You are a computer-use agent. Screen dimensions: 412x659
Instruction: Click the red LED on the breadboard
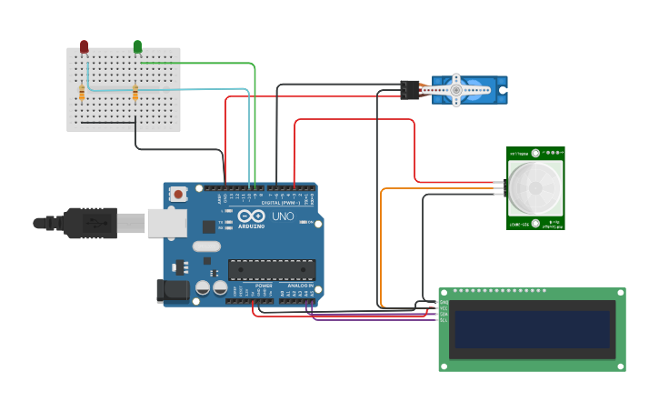84,45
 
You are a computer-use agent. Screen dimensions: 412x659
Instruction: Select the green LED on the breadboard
137,45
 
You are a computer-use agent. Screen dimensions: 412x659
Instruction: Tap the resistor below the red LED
82,93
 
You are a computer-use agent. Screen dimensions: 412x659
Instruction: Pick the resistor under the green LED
135,93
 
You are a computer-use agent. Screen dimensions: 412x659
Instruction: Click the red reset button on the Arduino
179,194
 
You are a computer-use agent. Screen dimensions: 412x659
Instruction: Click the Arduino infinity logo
251,216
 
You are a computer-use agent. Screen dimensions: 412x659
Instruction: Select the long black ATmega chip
272,270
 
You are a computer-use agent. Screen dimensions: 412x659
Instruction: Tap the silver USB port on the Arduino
167,224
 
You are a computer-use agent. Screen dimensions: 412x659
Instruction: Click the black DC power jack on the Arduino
173,291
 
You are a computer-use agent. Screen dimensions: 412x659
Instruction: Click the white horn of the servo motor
454,89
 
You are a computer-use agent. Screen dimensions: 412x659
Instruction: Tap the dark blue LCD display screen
533,329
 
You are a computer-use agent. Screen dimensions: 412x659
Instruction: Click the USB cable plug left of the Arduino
91,223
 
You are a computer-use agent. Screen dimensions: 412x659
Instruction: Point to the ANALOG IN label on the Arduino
300,286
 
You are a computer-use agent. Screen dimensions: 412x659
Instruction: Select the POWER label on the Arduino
264,286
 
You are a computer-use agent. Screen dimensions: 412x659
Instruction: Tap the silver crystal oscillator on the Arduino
207,246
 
